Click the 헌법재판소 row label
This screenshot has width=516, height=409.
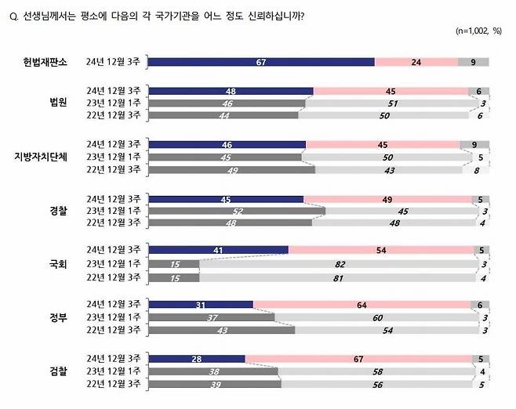pos(45,63)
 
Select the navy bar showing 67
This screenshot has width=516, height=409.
pos(261,63)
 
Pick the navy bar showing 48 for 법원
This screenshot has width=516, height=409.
pos(231,91)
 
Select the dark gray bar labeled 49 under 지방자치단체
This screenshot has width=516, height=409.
pos(231,168)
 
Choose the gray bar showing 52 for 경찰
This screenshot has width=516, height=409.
pos(236,210)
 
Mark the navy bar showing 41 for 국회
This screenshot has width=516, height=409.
pos(218,251)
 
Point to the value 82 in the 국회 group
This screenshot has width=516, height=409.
pos(340,265)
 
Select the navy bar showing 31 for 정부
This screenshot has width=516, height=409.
pos(201,305)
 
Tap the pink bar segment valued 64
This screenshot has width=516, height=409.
pos(364,305)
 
